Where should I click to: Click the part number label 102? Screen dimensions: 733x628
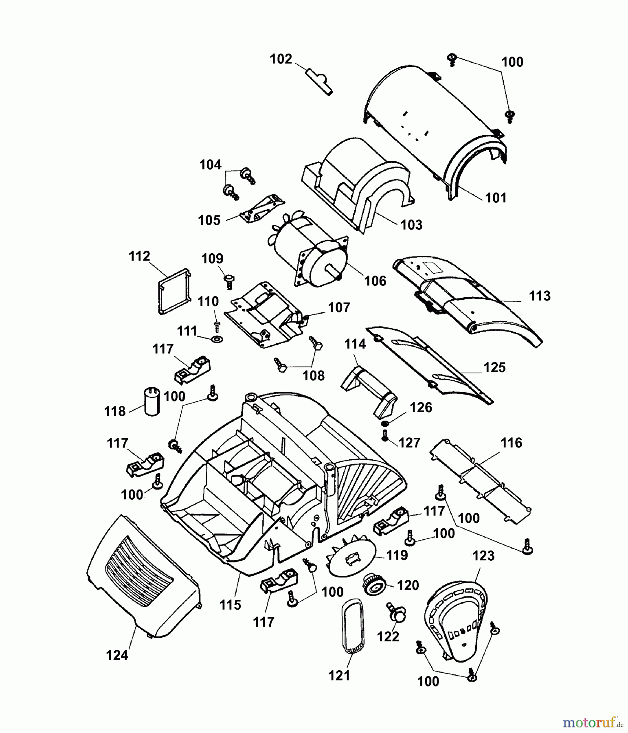pyautogui.click(x=281, y=59)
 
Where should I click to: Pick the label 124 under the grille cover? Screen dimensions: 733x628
pyautogui.click(x=117, y=655)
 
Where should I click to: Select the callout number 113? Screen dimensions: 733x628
pyautogui.click(x=540, y=296)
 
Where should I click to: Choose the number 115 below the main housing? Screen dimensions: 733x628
pyautogui.click(x=231, y=605)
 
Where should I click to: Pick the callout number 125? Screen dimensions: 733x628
pyautogui.click(x=494, y=367)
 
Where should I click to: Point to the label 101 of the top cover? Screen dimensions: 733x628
pyautogui.click(x=496, y=198)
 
